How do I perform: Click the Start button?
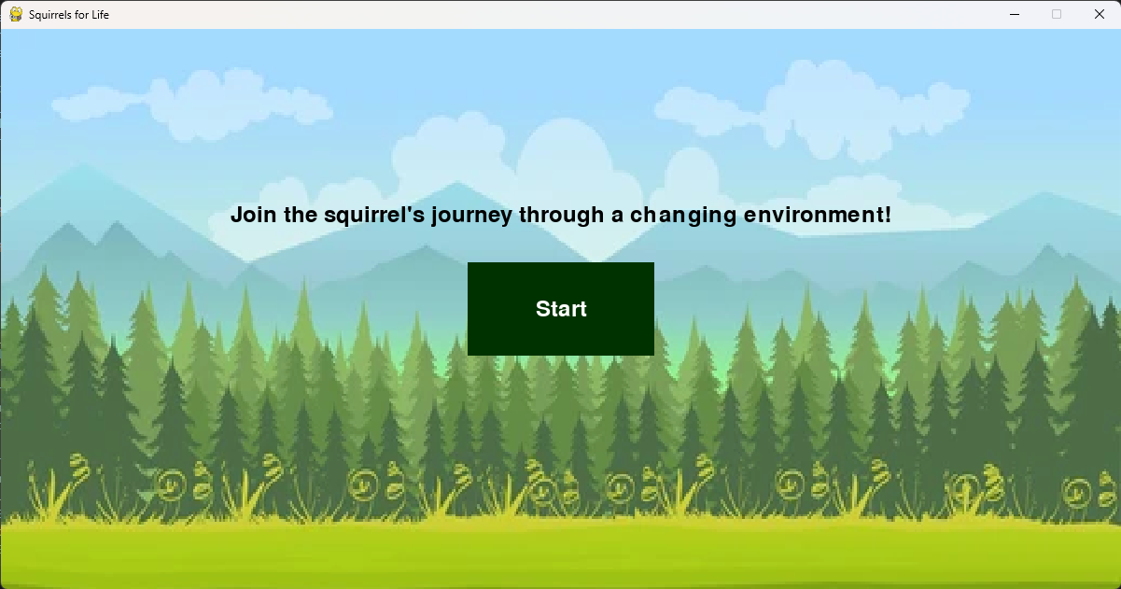pyautogui.click(x=560, y=309)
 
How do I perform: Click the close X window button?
pyautogui.click(x=1099, y=14)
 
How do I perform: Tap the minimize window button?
pyautogui.click(x=1014, y=14)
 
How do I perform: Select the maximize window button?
pyautogui.click(x=1057, y=14)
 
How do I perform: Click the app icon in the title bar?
pyautogui.click(x=16, y=14)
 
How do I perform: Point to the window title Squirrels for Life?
pyautogui.click(x=68, y=15)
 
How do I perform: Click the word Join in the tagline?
pyautogui.click(x=253, y=215)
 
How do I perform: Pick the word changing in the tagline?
pyautogui.click(x=683, y=216)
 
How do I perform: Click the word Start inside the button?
pyautogui.click(x=561, y=309)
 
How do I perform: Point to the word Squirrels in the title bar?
pyautogui.click(x=51, y=15)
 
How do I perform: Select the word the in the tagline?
pyautogui.click(x=301, y=215)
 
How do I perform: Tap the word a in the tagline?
pyautogui.click(x=617, y=216)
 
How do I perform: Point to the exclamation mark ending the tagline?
pyautogui.click(x=888, y=215)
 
